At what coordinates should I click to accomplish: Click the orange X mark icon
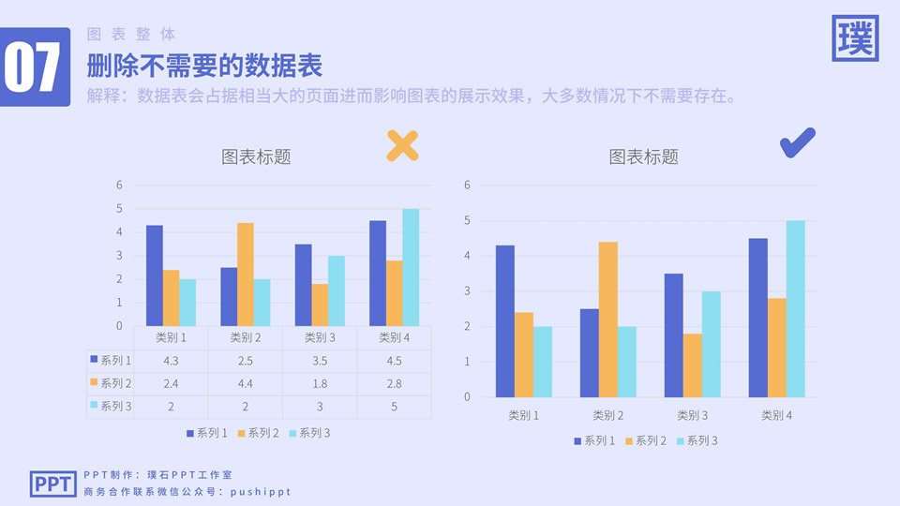402,145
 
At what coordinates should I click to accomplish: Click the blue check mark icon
797,142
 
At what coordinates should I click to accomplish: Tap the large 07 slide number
34,67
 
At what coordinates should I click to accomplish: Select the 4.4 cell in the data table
245,383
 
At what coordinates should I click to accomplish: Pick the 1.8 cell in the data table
319,383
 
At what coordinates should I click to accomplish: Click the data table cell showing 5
393,407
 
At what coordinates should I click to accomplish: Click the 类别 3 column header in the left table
319,337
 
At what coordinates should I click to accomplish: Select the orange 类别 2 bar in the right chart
607,319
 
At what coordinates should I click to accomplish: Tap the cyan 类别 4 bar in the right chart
795,308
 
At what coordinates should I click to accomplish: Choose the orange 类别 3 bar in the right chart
692,365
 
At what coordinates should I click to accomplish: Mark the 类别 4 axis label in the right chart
776,415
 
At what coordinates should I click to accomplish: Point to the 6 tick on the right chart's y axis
467,185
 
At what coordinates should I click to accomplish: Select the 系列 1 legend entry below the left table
207,433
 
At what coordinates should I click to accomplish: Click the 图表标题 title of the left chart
256,156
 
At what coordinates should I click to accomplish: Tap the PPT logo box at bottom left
52,484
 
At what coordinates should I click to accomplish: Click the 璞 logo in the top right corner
855,39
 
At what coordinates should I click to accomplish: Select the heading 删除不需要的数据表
204,67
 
